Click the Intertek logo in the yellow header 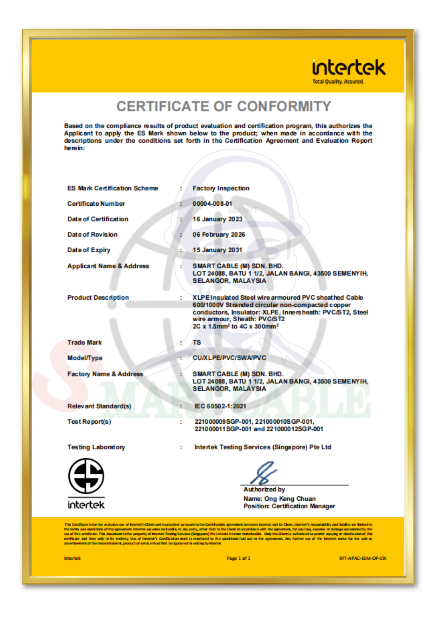click(x=349, y=68)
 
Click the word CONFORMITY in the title click(x=284, y=107)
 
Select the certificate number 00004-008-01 click(x=212, y=204)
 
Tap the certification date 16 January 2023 click(x=217, y=219)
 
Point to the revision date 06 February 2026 click(x=219, y=235)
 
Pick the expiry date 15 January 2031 click(x=217, y=250)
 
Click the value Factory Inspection click(x=221, y=188)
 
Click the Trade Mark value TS click(x=197, y=342)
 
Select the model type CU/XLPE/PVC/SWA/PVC click(x=229, y=358)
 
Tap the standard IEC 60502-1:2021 click(x=220, y=406)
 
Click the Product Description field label click(x=98, y=298)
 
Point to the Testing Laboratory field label click(x=96, y=447)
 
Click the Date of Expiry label click(x=89, y=250)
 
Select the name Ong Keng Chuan click(x=290, y=499)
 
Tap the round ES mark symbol click(x=86, y=476)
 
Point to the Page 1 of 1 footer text click(x=239, y=558)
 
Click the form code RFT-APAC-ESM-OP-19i click(x=363, y=558)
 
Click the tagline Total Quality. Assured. click(x=338, y=82)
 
